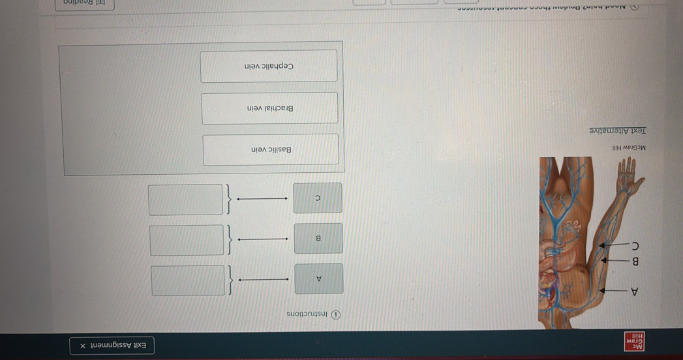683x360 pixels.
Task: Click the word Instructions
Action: point(309,314)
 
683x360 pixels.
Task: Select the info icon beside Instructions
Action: point(336,314)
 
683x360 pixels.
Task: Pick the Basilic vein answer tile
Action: point(271,150)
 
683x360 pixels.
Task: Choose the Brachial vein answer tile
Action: point(270,108)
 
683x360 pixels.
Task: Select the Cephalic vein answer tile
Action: point(269,67)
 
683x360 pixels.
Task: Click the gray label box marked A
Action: point(318,279)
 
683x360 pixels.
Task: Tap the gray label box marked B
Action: point(318,238)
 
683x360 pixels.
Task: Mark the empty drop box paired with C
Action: point(186,199)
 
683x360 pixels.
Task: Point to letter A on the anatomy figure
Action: point(633,291)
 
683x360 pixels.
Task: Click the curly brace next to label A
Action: point(229,280)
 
